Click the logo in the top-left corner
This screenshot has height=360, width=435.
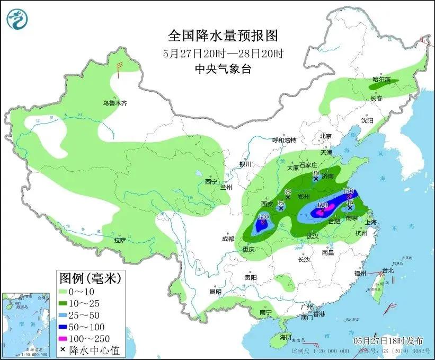[x=17, y=19]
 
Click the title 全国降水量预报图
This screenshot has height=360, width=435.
[x=223, y=36]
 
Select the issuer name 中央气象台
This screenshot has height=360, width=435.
[x=223, y=68]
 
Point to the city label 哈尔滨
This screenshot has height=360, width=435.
[x=380, y=80]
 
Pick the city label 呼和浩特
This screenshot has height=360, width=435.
[x=283, y=140]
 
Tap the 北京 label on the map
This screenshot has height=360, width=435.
[x=325, y=136]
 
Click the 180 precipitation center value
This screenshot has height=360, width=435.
[x=322, y=205]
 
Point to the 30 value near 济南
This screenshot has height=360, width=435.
[x=315, y=173]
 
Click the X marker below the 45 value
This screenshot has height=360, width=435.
[x=350, y=208]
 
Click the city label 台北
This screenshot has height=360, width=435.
[x=388, y=270]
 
